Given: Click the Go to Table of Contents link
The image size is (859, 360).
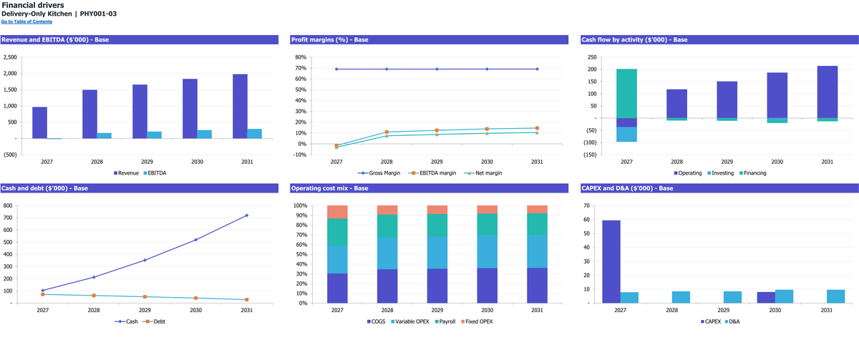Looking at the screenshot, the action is (x=26, y=22).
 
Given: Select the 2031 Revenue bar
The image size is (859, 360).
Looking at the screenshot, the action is (x=240, y=106).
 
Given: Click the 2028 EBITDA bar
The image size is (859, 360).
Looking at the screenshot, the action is (x=104, y=136).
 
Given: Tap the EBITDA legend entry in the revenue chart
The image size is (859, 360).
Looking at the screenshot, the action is (x=155, y=173).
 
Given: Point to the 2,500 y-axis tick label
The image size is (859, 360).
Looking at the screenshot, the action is (x=10, y=57).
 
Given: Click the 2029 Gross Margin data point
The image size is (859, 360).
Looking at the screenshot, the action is (x=437, y=69).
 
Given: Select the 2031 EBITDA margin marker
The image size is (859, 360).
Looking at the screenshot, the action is (x=537, y=128).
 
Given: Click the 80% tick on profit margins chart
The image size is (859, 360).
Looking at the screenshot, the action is (x=301, y=57).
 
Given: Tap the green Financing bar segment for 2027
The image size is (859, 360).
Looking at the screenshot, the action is (x=626, y=94).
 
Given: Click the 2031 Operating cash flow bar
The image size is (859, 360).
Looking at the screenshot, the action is (x=828, y=92).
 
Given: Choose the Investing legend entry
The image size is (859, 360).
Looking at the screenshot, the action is (x=721, y=173).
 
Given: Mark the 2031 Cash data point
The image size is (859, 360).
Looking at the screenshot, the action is (x=246, y=215).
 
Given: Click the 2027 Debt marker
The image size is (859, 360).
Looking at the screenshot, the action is (x=42, y=294).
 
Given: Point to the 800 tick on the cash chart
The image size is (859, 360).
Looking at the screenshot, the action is (x=8, y=205).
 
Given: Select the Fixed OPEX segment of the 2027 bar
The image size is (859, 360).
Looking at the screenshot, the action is (x=337, y=212).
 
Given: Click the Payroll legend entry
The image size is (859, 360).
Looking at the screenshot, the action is (x=445, y=321).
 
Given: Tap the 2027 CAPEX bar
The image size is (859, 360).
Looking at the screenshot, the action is (x=611, y=262).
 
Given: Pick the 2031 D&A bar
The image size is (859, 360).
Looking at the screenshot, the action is (x=835, y=296).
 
